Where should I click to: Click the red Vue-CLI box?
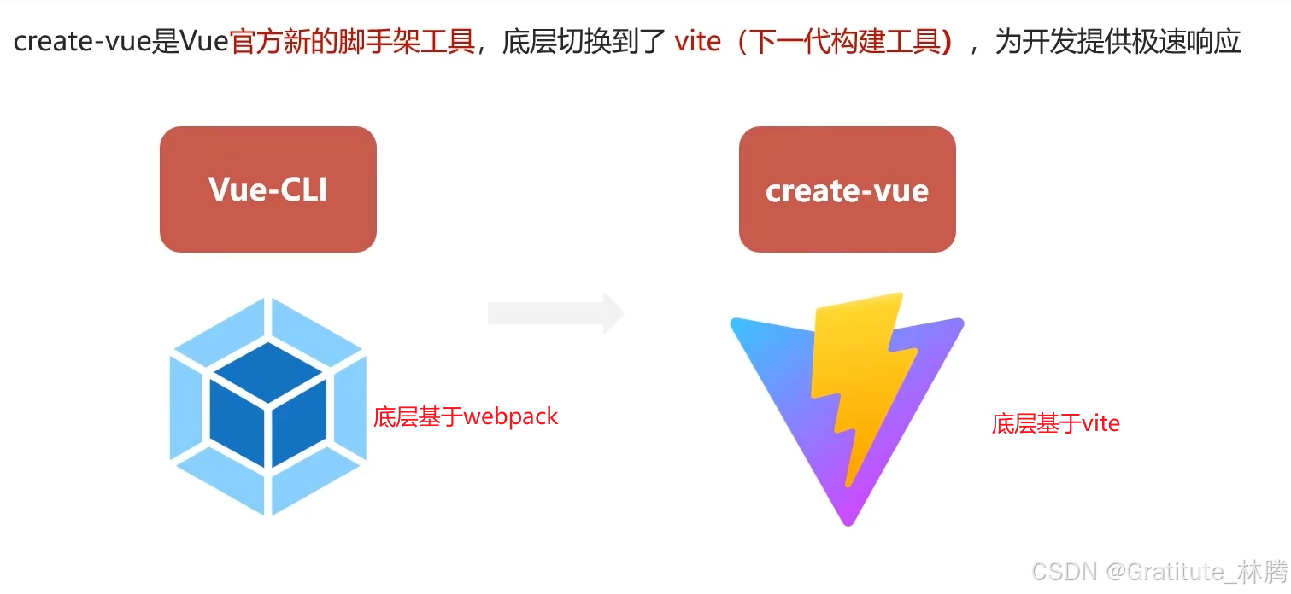(267, 189)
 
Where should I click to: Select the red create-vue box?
(847, 189)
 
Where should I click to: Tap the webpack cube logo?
(267, 406)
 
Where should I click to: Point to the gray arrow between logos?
(555, 313)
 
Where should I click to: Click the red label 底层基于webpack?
(466, 417)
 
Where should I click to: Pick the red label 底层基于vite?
(1055, 423)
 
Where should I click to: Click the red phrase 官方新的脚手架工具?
(352, 42)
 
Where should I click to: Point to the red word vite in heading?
(697, 42)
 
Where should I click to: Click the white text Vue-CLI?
(267, 189)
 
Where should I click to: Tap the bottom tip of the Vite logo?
(848, 521)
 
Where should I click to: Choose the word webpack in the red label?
(510, 417)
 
